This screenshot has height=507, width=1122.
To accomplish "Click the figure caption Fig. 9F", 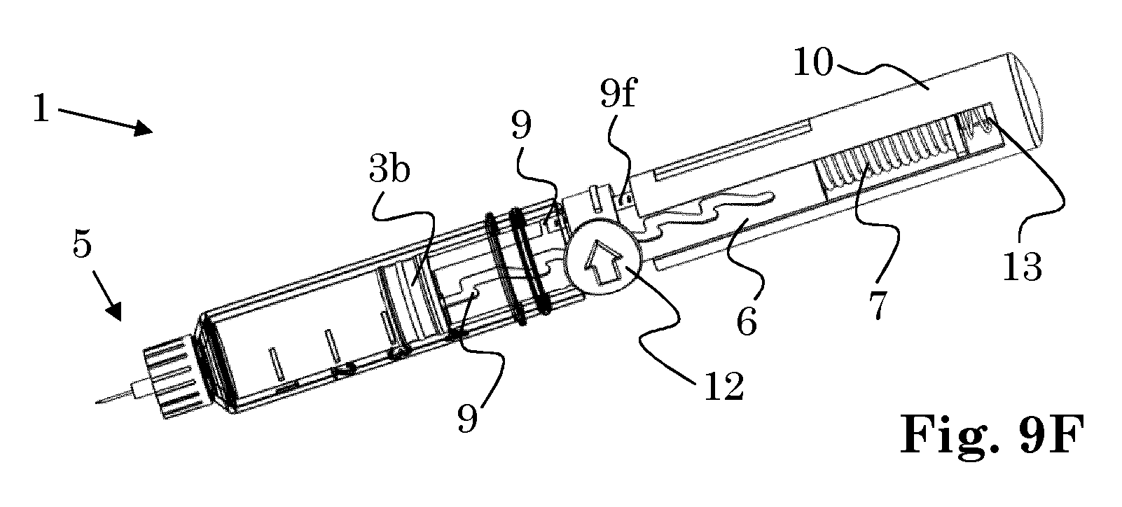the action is pyautogui.click(x=992, y=434).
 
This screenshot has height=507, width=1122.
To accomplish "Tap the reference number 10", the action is pyautogui.click(x=813, y=62).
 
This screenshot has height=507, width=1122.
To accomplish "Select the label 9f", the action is pyautogui.click(x=618, y=91).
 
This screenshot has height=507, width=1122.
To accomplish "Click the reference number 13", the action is pyautogui.click(x=1023, y=267).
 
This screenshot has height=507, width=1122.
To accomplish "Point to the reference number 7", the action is pyautogui.click(x=878, y=305).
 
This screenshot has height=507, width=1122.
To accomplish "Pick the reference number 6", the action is pyautogui.click(x=747, y=321).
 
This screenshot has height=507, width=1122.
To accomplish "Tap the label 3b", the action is pyautogui.click(x=389, y=169).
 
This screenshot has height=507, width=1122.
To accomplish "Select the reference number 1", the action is pyautogui.click(x=41, y=109).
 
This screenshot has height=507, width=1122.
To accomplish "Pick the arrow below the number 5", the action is pyautogui.click(x=107, y=296).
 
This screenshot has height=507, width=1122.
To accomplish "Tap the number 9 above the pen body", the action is pyautogui.click(x=521, y=126).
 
